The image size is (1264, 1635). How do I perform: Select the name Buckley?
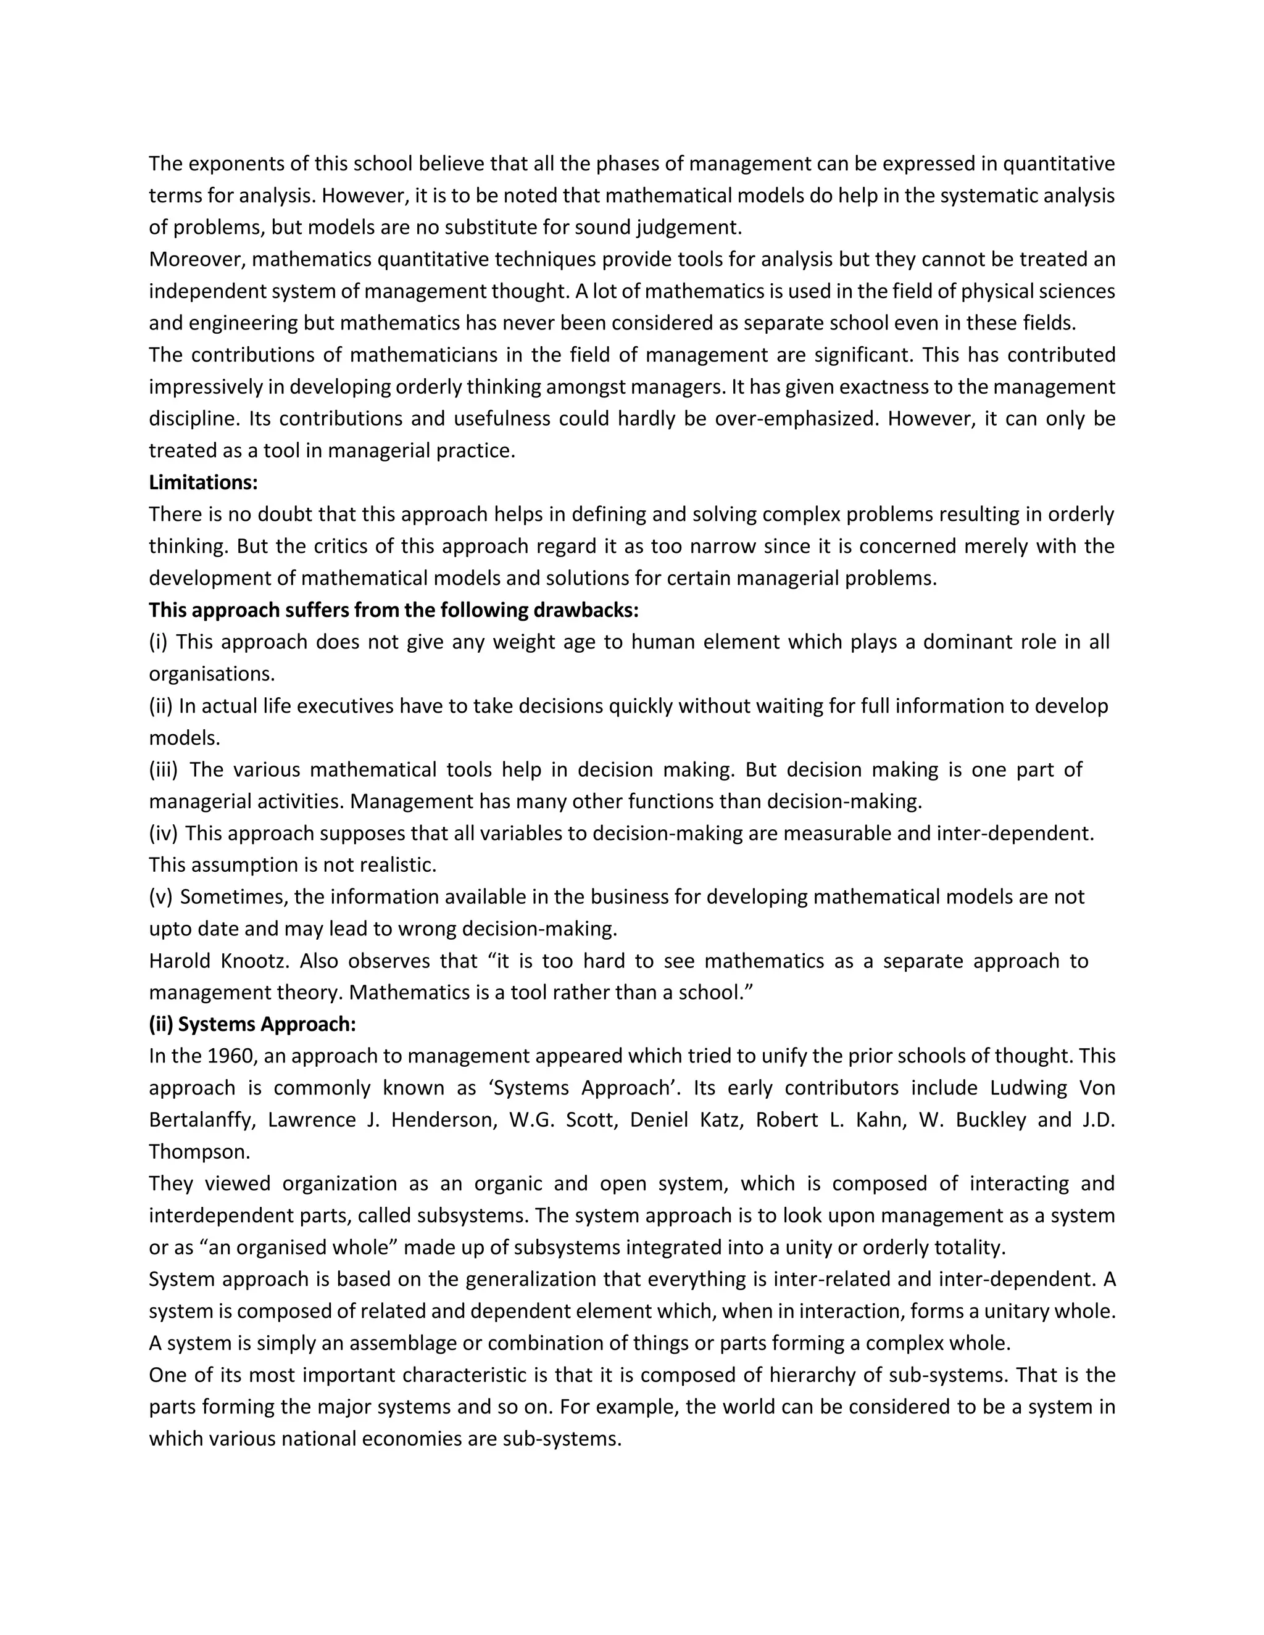tap(990, 1120)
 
